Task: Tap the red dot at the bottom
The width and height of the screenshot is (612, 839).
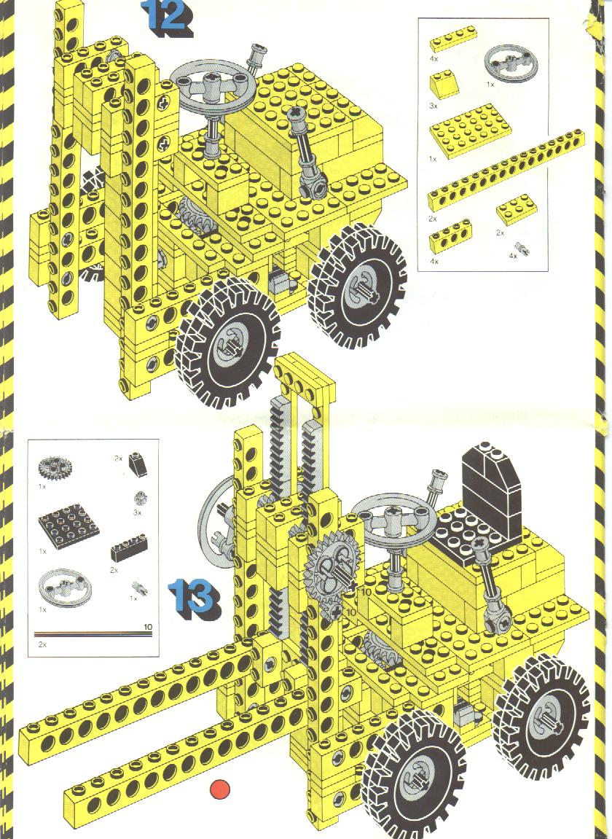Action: pos(219,789)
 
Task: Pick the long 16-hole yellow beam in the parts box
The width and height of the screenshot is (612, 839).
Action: pos(506,170)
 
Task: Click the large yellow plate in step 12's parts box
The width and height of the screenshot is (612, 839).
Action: pos(470,130)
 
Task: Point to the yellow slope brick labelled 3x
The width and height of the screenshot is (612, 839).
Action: pos(444,85)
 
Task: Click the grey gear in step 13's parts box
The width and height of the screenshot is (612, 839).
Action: pos(55,468)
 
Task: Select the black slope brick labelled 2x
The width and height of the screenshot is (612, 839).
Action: pos(138,464)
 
